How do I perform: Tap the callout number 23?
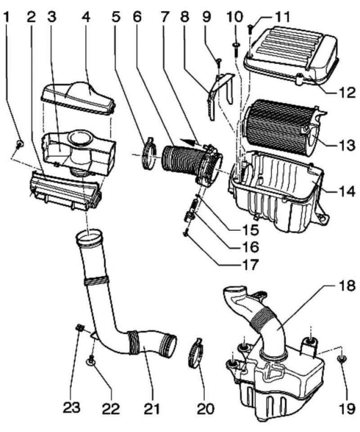[72, 407]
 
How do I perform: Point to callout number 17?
[250, 265]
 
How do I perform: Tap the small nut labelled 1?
[19, 144]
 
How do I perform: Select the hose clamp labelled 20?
[196, 353]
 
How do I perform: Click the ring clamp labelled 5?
[149, 153]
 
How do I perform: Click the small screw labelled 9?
[219, 63]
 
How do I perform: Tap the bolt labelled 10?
[236, 49]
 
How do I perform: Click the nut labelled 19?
[342, 359]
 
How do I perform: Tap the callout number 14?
[346, 191]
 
